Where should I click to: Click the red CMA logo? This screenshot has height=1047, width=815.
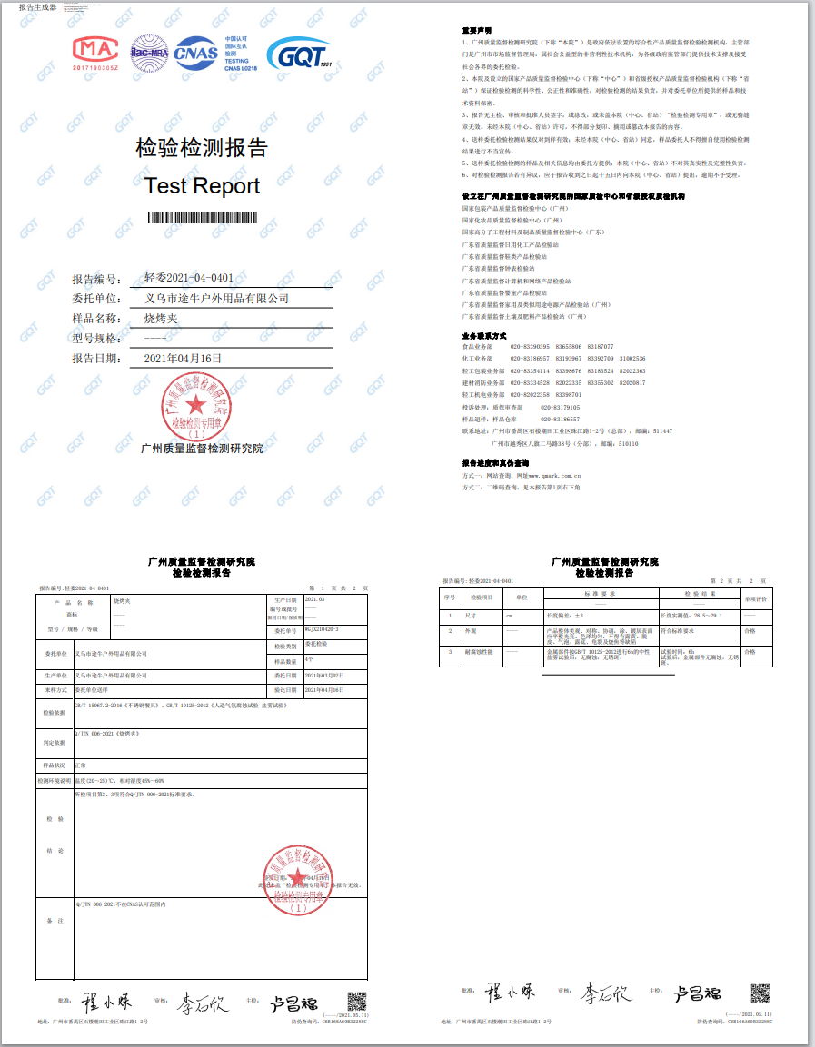pos(95,53)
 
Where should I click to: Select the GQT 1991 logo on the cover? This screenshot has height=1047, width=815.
pos(299,54)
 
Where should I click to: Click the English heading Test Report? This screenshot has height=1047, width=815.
pos(202,186)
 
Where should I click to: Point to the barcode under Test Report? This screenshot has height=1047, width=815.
pos(202,217)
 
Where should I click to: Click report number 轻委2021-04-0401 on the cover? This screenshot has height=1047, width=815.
pos(183,278)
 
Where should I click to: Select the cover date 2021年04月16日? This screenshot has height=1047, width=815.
pos(183,358)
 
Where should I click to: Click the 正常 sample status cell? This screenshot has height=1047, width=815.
pos(81,765)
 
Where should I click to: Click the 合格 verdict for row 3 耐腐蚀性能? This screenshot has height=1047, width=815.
pos(750,651)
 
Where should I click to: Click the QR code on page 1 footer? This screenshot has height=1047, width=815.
pos(356,1002)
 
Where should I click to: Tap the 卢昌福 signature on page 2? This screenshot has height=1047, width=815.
pos(697,993)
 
